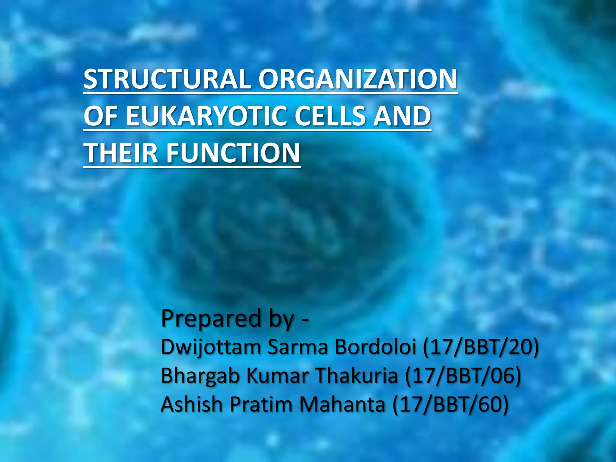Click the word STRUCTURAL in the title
tap(167, 79)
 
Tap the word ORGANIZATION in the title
tap(358, 79)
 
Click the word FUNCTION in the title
tap(233, 153)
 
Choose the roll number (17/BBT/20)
tap(481, 347)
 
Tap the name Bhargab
tap(200, 376)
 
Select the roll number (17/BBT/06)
tap(463, 376)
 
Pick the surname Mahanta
tap(342, 405)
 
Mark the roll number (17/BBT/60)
tap(451, 405)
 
